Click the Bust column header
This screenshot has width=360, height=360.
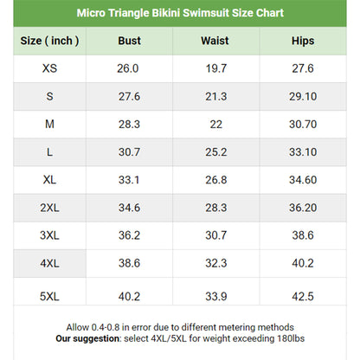129,41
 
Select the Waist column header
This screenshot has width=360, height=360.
215,41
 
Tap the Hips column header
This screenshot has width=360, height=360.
303,41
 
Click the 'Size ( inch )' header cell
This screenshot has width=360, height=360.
49,41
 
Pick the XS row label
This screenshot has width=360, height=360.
49,68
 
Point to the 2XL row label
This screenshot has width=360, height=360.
49,208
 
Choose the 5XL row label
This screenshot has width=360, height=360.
49,297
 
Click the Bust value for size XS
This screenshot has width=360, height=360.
128,68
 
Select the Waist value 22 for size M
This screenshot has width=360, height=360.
216,125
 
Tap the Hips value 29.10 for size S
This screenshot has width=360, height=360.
303,96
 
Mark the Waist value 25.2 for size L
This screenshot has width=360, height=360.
216,152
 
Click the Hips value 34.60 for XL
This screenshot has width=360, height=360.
303,180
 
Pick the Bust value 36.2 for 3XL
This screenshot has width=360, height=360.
129,235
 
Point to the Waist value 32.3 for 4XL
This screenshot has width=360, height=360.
216,263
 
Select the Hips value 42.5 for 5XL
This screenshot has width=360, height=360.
303,297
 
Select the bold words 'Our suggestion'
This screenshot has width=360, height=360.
87,338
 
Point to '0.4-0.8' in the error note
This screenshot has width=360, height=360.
106,327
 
